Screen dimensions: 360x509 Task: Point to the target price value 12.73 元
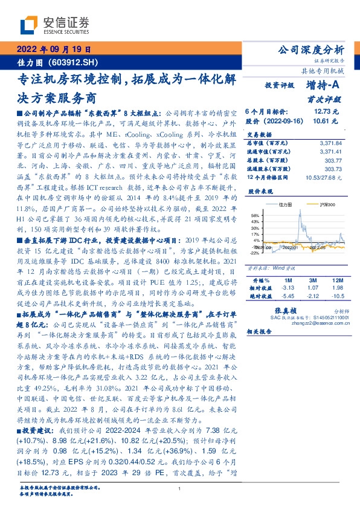[326, 112]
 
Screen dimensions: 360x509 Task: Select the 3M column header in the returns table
[312, 280]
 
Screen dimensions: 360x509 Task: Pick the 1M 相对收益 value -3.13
[288, 288]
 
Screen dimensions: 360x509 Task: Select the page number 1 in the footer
[180, 488]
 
